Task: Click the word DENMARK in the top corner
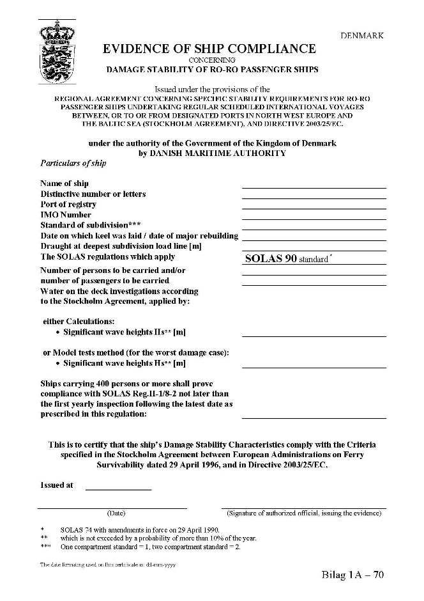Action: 361,36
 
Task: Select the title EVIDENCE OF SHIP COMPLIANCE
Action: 209,49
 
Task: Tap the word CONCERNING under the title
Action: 211,59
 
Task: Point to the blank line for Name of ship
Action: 314,187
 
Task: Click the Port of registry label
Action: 68,205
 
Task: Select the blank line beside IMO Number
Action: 314,218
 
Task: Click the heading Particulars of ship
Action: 73,163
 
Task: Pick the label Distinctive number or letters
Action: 93,194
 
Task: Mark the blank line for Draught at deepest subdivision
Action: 314,249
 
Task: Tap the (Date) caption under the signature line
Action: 116,513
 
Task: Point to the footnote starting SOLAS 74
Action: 139,530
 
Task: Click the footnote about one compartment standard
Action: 150,547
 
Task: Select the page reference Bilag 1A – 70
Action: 353,575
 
